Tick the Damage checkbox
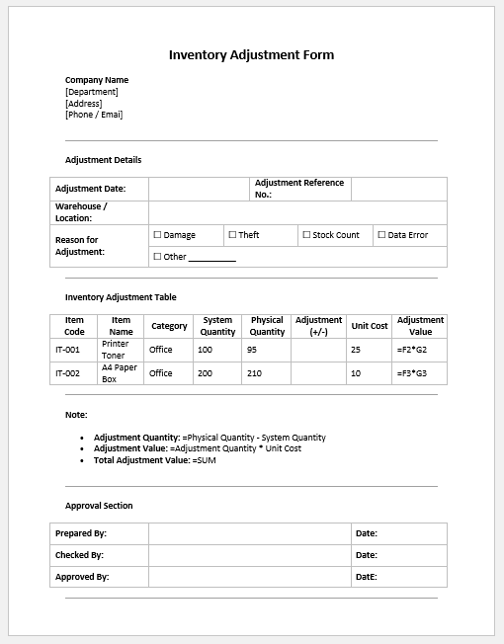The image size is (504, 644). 157,235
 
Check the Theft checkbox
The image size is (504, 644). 232,235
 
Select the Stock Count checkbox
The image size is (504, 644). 306,235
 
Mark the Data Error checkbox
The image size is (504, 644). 381,235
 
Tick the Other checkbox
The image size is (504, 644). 157,257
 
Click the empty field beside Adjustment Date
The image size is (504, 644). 198,188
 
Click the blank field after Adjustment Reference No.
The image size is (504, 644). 398,188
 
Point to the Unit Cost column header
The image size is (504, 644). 370,326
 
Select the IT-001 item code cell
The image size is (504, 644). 67,350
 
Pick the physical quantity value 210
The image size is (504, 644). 255,373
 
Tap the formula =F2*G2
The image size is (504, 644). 411,350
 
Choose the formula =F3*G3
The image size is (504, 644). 411,373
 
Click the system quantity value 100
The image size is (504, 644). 206,350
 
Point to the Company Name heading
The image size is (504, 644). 97,80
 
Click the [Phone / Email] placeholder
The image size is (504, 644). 94,115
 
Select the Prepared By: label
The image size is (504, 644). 81,533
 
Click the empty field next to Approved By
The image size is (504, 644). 249,577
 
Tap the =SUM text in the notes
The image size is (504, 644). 205,460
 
